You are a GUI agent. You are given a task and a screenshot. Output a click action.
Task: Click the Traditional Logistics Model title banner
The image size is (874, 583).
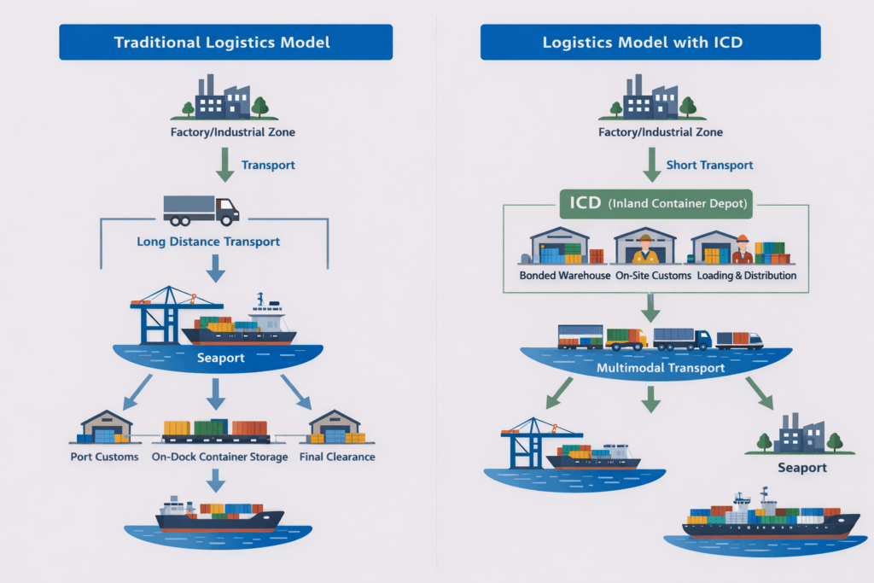click(225, 42)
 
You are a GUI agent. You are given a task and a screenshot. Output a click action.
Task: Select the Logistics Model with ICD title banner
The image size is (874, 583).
click(650, 42)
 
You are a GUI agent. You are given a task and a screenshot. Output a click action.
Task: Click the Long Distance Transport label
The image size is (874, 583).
click(208, 242)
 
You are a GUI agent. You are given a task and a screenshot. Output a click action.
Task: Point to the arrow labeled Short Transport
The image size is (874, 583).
click(650, 164)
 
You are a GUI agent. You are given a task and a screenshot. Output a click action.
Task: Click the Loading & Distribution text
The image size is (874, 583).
click(746, 276)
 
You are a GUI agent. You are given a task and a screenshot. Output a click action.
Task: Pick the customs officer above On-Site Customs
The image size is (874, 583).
click(645, 250)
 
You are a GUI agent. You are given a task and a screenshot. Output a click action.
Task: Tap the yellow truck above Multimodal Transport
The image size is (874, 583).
click(626, 339)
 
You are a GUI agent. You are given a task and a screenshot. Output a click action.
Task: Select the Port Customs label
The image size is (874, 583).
click(104, 457)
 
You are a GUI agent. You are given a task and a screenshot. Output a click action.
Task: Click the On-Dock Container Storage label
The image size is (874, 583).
click(217, 457)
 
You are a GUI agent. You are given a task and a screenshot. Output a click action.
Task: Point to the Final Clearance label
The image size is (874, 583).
click(337, 457)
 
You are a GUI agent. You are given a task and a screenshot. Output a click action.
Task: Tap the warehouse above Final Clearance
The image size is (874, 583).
click(336, 427)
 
